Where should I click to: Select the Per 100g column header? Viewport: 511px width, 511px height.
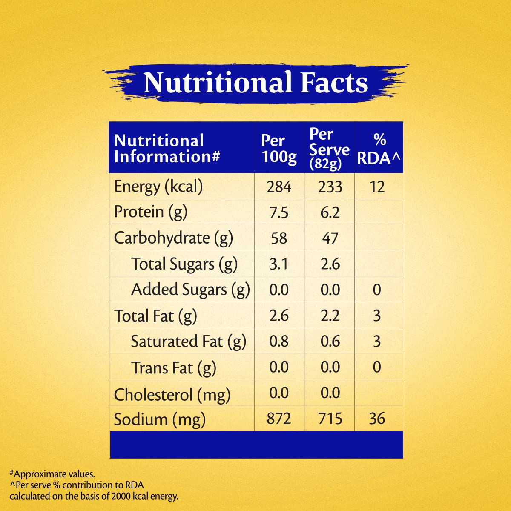[279, 149]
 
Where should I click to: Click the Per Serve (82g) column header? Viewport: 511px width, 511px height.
[329, 149]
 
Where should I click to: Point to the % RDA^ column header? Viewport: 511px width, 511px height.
[379, 149]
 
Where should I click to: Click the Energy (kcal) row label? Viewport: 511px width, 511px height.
[158, 187]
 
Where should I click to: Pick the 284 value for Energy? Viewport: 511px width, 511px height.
[279, 187]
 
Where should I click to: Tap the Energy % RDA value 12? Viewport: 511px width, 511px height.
[377, 187]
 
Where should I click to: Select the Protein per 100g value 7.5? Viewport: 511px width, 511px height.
[279, 212]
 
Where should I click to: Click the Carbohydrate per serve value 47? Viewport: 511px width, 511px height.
[330, 238]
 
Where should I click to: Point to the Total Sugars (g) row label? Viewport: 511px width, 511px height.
[184, 264]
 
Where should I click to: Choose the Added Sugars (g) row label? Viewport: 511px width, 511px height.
[190, 290]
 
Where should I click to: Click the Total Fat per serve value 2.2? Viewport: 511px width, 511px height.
[330, 316]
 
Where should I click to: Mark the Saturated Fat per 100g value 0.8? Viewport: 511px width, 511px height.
[279, 342]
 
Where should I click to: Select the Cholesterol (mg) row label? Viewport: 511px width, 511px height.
[172, 394]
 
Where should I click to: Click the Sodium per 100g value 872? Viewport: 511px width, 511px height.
[279, 419]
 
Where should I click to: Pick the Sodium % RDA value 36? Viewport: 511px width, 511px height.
[377, 419]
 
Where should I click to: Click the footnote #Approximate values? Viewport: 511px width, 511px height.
[52, 474]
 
